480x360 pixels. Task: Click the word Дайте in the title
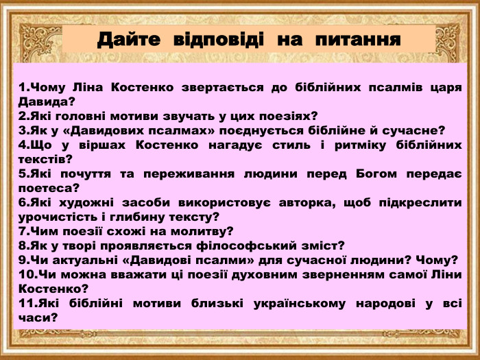tap(128, 38)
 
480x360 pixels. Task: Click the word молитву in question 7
tap(203, 232)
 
